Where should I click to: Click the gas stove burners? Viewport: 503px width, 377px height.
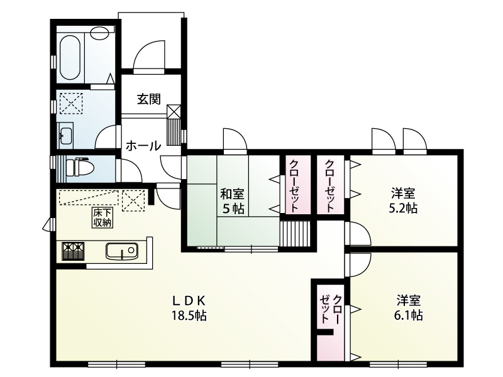[x=72, y=252]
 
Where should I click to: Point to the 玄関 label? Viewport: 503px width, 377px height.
[x=149, y=99]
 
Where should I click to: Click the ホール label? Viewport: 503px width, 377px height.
[x=143, y=146]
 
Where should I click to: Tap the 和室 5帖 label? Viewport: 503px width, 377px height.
[x=233, y=201]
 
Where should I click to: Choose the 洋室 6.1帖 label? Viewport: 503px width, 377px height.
[x=409, y=307]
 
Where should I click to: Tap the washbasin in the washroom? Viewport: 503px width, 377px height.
[x=65, y=135]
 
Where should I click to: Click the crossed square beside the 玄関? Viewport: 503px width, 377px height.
[x=174, y=111]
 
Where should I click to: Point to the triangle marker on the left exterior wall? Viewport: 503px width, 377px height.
[x=47, y=225]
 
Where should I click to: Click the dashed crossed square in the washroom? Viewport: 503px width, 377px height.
[x=70, y=102]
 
